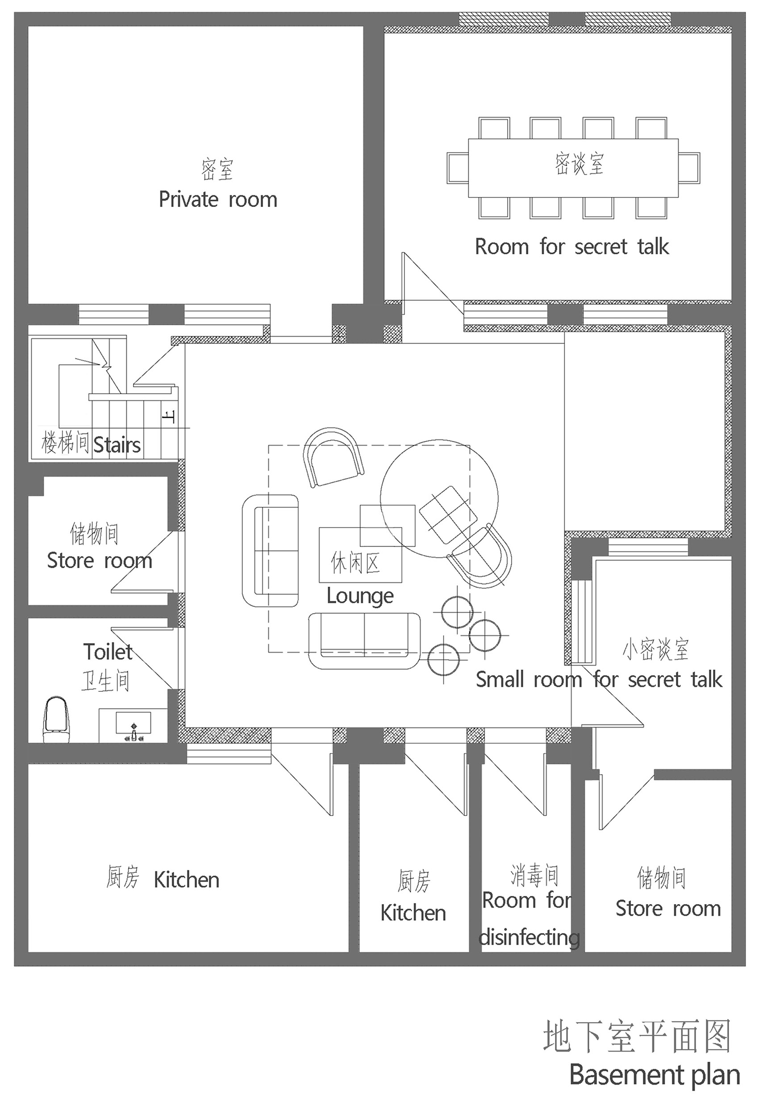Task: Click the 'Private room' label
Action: point(218,199)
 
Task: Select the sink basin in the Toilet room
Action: point(133,722)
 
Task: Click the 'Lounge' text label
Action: point(360,596)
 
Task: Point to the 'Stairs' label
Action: point(117,445)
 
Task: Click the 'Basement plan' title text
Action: point(655,1074)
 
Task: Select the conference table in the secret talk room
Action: point(573,168)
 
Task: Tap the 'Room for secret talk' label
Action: point(572,247)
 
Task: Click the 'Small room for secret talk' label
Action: point(599,679)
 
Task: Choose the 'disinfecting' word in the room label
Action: point(529,937)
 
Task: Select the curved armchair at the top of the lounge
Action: point(333,457)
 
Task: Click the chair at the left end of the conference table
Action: point(458,168)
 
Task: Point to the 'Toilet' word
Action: point(108,652)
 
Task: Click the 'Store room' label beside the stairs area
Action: point(100,561)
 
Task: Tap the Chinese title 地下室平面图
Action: point(637,1036)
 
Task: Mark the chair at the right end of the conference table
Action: point(689,168)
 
